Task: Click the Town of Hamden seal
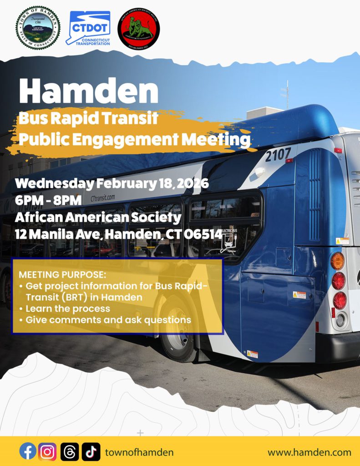point(38,28)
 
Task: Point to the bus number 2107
point(278,155)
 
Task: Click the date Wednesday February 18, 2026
point(112,184)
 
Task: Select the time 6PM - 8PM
point(49,200)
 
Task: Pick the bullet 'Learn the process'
point(67,309)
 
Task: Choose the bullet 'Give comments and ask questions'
point(108,320)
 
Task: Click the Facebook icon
point(28,452)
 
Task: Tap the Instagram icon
point(47,452)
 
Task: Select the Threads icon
point(69,452)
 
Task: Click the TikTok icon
point(91,452)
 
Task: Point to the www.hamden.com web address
point(309,452)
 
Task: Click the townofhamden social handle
point(139,452)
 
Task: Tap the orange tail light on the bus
point(337,261)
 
